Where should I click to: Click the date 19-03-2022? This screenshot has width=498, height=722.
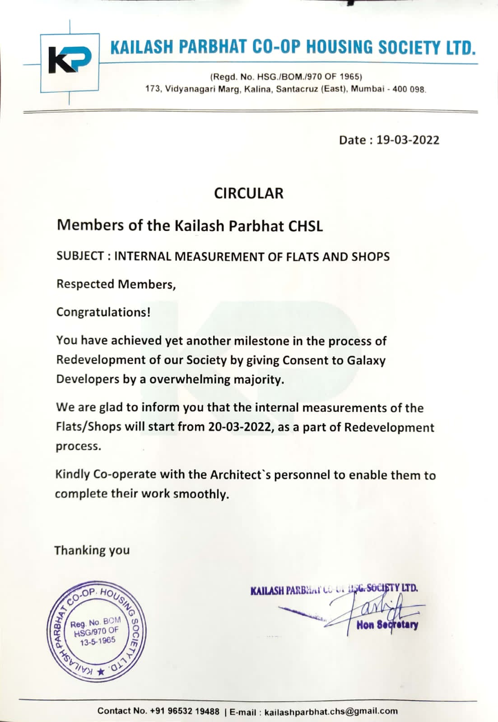tap(408, 140)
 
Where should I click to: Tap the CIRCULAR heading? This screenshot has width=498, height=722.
tap(249, 193)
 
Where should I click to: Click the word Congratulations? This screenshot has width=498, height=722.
tap(103, 312)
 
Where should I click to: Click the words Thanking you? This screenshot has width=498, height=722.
tap(92, 550)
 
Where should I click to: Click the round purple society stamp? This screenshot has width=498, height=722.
tap(97, 630)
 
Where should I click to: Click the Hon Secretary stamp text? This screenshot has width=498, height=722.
tap(387, 625)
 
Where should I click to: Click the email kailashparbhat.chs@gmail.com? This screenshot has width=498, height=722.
tap(331, 712)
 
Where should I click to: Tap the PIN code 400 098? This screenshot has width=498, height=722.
tap(409, 89)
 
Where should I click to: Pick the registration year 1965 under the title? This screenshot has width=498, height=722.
tap(351, 76)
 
